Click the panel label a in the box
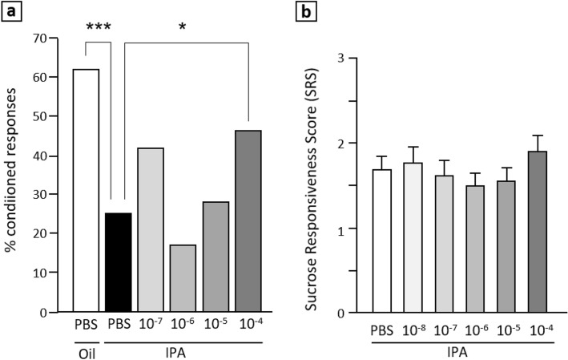coord(10,11)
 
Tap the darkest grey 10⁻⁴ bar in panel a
coord(249,221)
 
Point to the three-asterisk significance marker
coord(99,26)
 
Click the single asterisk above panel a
coord(182,26)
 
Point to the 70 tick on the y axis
coord(52,38)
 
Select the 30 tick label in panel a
coord(52,195)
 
